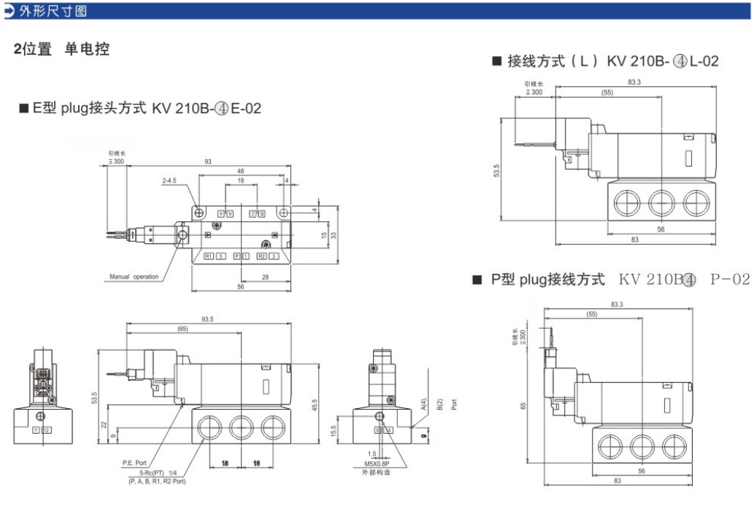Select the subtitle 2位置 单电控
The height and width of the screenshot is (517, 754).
63,50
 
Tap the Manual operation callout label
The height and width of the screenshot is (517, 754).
134,277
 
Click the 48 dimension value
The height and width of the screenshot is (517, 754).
241,170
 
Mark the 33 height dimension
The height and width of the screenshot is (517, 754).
334,236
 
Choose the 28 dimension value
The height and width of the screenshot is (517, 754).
266,277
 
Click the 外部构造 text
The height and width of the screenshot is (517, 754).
372,473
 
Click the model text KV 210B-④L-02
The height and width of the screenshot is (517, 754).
663,61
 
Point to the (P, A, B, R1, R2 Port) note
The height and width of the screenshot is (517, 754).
157,482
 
